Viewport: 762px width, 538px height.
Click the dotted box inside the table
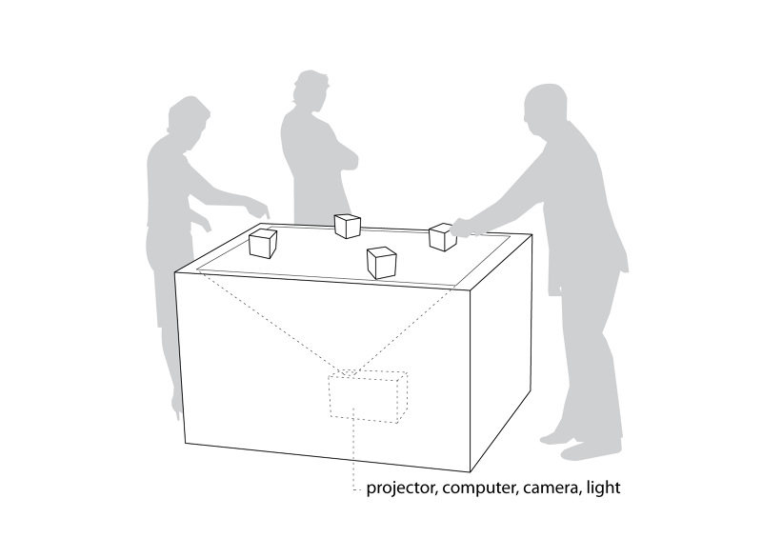[x=368, y=394]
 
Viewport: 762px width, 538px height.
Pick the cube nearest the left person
[x=263, y=244]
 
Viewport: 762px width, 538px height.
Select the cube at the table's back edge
[x=347, y=226]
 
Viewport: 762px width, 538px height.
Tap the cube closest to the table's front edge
[x=381, y=261]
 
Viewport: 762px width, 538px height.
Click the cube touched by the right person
[x=442, y=237]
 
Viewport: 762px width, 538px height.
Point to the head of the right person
[x=546, y=107]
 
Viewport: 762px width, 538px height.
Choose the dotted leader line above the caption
[x=354, y=453]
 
